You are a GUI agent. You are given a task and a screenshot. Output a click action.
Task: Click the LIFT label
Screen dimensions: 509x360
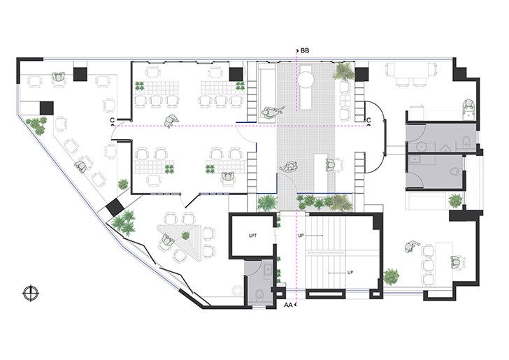[x=252, y=236]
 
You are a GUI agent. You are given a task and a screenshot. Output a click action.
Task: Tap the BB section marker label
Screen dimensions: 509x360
[x=305, y=50]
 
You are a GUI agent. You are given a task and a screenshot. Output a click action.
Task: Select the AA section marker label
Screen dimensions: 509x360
[x=287, y=305]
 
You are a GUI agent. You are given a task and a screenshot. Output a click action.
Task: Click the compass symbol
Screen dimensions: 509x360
[x=31, y=293]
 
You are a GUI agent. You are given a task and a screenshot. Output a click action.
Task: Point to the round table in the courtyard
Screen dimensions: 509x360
[x=306, y=79]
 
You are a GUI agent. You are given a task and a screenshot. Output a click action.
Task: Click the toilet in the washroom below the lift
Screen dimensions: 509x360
[x=260, y=295]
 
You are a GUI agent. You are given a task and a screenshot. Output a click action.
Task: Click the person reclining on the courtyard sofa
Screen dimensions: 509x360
[x=273, y=112]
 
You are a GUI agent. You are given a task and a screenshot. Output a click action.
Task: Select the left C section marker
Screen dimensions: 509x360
[x=113, y=121]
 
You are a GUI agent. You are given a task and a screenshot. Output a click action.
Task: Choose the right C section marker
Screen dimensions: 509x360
[x=368, y=121]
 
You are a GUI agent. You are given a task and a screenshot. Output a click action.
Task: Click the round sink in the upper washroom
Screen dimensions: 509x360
[x=422, y=147]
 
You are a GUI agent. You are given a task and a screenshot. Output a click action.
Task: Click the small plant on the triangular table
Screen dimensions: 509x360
[x=185, y=235]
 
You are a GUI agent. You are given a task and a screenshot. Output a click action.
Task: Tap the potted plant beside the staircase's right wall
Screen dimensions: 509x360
[x=391, y=277]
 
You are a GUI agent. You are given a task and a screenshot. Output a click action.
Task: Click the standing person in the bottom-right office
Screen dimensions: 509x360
[x=412, y=245]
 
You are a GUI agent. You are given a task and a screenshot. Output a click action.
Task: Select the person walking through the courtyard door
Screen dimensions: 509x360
[x=289, y=167]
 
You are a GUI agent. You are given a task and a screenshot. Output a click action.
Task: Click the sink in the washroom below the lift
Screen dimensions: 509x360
[x=268, y=269]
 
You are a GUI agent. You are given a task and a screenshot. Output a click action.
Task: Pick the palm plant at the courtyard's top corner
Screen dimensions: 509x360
[x=343, y=72]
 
